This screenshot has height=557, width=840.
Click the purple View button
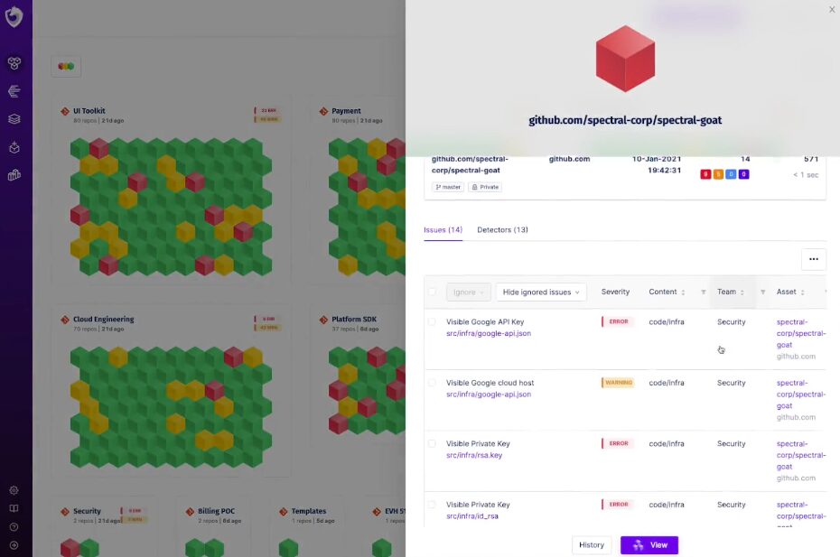pos(649,545)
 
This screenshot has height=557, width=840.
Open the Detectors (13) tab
pos(502,230)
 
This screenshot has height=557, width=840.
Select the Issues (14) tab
pos(443,230)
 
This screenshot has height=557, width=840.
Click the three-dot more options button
pos(813,259)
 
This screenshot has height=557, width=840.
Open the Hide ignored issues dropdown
pos(541,292)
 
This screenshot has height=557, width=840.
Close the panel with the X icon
pos(832,9)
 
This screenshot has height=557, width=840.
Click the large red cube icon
pos(625,58)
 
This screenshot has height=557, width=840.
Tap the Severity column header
pos(615,292)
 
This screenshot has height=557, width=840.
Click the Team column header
pos(727,292)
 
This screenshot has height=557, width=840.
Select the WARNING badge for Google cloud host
pos(619,383)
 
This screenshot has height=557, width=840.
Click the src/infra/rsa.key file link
pos(474,455)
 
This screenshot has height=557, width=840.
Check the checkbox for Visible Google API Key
pos(432,322)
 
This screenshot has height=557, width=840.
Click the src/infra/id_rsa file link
pos(472,516)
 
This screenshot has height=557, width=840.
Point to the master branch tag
pos(448,187)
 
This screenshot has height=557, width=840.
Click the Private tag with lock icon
pos(485,187)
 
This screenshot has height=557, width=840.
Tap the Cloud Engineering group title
pos(103,320)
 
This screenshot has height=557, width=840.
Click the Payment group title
pos(346,111)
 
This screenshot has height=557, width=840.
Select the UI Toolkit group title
pos(89,111)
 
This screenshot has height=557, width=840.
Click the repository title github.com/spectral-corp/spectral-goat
pos(625,120)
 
